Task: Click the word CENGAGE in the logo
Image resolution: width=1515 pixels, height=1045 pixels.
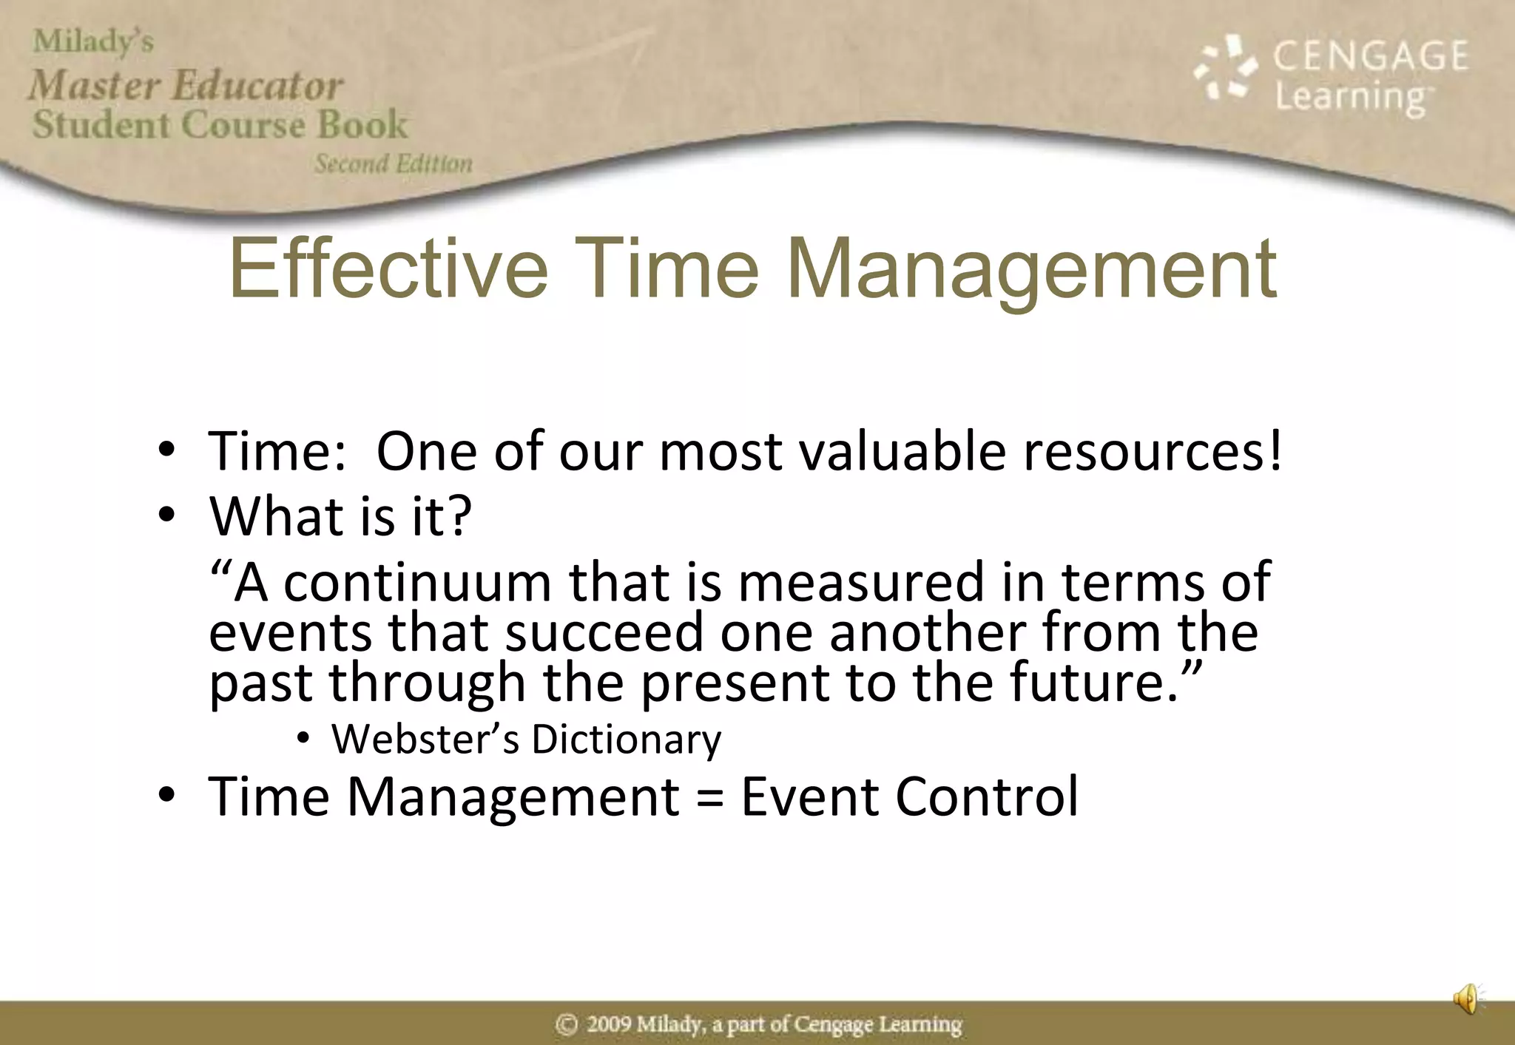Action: click(x=1370, y=56)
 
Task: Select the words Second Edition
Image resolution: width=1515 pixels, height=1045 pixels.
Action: click(x=393, y=163)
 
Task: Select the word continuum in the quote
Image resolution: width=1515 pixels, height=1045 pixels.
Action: click(x=417, y=583)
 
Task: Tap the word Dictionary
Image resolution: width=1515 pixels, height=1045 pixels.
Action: click(x=626, y=739)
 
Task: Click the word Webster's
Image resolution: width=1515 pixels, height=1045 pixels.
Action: click(x=425, y=739)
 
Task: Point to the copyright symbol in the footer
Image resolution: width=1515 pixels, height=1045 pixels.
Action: click(x=566, y=1024)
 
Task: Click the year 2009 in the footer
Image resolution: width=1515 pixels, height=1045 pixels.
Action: click(x=610, y=1024)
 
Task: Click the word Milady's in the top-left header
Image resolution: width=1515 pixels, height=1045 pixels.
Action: click(x=93, y=41)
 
